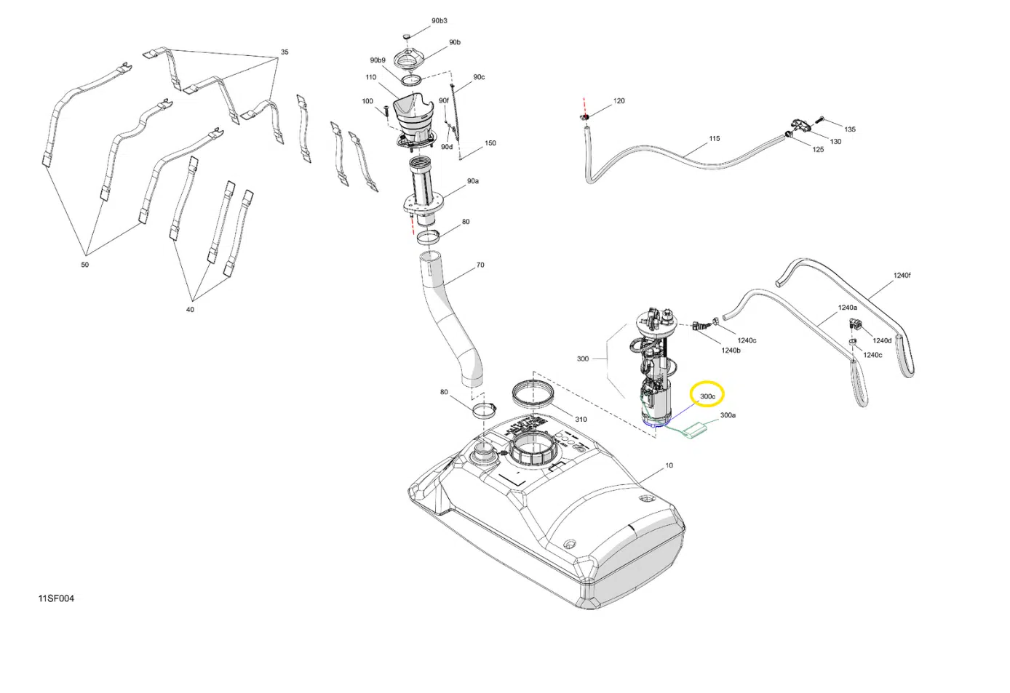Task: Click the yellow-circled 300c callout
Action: [707, 396]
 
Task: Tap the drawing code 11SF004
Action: [56, 598]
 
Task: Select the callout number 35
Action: [285, 52]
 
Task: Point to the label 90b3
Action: [440, 21]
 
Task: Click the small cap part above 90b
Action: [406, 36]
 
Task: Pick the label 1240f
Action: [902, 276]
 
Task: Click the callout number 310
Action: [581, 420]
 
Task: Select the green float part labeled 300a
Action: [695, 430]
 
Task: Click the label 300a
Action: [728, 415]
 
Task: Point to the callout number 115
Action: [715, 139]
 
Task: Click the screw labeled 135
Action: [820, 120]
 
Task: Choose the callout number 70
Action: [480, 265]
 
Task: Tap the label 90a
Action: [472, 181]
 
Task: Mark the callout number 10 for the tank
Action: [669, 465]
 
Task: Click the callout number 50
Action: [84, 265]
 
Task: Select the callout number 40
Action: [190, 310]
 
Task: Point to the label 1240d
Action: [882, 340]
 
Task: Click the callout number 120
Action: [619, 101]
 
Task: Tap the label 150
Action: [490, 143]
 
